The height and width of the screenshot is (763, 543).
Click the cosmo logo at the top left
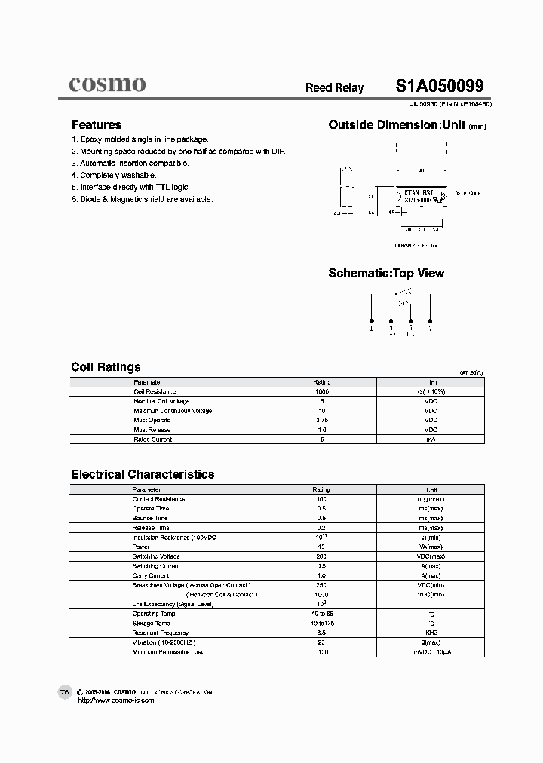107,84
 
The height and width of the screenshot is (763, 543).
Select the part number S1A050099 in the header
440,86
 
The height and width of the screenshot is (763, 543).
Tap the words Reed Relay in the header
334,88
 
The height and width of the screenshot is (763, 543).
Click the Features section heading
96,125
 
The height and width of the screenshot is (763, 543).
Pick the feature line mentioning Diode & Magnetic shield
142,199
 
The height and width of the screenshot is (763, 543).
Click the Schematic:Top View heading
385,273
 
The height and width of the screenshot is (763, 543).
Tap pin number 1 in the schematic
371,329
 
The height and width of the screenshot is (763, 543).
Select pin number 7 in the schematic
430,329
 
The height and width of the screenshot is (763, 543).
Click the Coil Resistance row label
155,392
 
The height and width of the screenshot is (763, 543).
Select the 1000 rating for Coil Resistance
321,392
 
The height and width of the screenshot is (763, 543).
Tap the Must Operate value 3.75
321,420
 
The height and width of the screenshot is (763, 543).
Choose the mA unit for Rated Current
431,439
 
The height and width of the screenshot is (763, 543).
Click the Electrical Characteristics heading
143,474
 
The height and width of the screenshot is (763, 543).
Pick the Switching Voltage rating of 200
321,556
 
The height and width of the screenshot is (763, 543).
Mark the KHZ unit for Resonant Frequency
431,633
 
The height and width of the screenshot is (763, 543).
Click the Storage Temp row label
151,624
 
